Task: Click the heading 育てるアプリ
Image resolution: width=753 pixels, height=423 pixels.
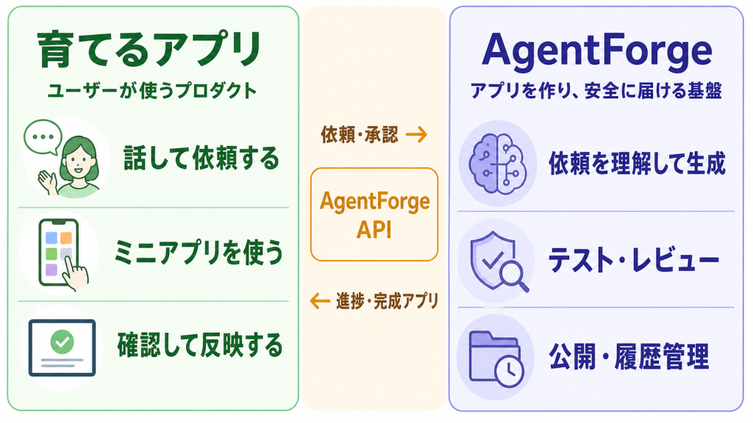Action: (149, 49)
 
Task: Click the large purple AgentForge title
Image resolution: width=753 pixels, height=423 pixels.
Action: (597, 51)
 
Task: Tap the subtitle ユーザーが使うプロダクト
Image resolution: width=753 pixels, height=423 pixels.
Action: (152, 90)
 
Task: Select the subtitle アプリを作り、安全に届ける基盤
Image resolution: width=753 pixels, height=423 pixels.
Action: (596, 90)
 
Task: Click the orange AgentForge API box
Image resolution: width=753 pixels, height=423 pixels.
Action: (374, 214)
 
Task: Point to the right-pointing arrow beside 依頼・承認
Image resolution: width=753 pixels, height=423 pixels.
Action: (416, 134)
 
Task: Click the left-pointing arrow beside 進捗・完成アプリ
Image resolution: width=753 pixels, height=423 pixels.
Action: (320, 301)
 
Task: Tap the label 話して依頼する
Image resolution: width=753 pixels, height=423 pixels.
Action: (201, 159)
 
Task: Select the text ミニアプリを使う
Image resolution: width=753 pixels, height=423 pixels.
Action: (199, 253)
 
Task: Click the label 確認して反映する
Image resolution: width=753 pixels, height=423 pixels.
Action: (200, 345)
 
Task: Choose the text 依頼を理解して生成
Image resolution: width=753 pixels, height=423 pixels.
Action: (638, 163)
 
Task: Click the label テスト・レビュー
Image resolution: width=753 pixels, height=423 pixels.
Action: (634, 261)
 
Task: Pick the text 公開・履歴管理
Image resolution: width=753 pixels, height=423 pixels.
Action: (629, 357)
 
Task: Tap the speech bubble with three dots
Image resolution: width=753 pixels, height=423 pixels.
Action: (43, 137)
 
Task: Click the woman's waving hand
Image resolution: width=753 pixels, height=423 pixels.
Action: (48, 182)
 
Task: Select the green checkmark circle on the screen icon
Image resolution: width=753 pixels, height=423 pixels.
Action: (62, 342)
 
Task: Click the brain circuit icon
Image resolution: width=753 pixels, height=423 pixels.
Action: (497, 164)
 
